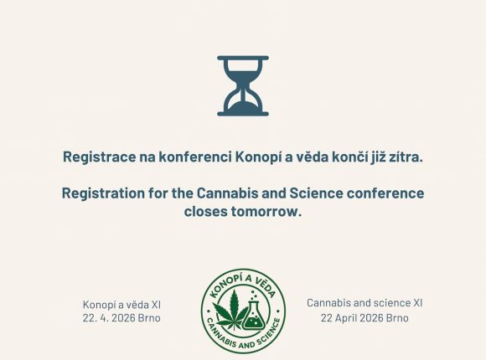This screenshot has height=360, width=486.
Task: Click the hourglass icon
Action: tap(243, 85)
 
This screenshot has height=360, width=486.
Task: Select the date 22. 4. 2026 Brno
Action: tap(121, 318)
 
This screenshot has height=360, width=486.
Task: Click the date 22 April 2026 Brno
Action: tap(364, 318)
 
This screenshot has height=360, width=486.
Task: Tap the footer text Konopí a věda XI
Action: tap(121, 304)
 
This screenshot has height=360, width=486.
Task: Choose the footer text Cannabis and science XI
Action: tap(364, 302)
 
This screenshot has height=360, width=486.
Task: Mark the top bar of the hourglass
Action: tap(243, 59)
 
